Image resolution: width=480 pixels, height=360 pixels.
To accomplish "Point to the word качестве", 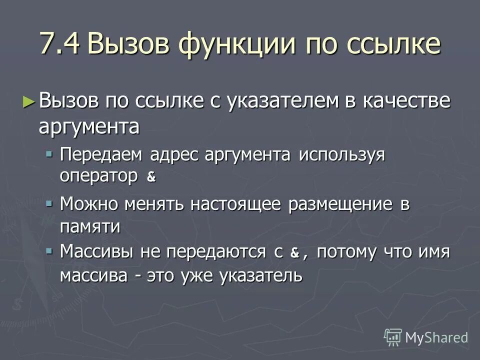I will pos(410,101).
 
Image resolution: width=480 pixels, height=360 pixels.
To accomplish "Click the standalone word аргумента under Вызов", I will pos(89,127).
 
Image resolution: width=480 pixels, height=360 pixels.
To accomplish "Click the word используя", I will pos(342,155).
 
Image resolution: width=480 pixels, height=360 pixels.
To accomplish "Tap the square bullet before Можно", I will pos(49,203).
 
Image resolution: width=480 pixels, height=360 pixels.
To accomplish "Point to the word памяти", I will pos(90,226).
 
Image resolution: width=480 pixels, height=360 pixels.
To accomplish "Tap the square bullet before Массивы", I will pos(49,251).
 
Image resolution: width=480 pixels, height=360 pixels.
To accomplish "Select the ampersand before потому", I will pos(294,253).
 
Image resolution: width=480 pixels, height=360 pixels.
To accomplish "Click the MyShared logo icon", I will pos(393,337).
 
